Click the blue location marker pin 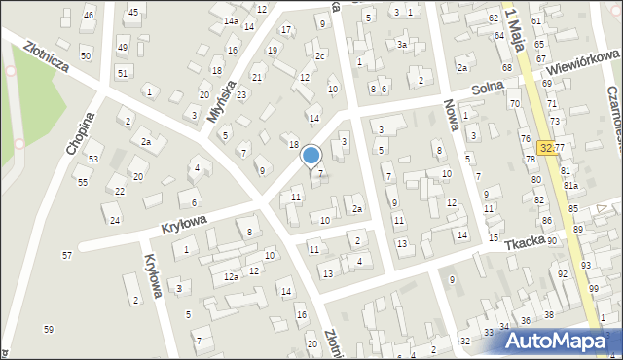click(x=311, y=156)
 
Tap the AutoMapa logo click(x=552, y=341)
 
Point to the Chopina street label click(x=81, y=133)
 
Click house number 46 click(x=89, y=16)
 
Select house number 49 click(x=122, y=47)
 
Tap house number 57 click(x=67, y=255)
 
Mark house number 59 click(x=49, y=330)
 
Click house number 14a click(x=231, y=20)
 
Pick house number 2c click(x=319, y=55)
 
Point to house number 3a click(x=401, y=44)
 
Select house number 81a click(x=570, y=185)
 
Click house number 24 click(x=115, y=220)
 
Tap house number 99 click(x=594, y=290)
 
